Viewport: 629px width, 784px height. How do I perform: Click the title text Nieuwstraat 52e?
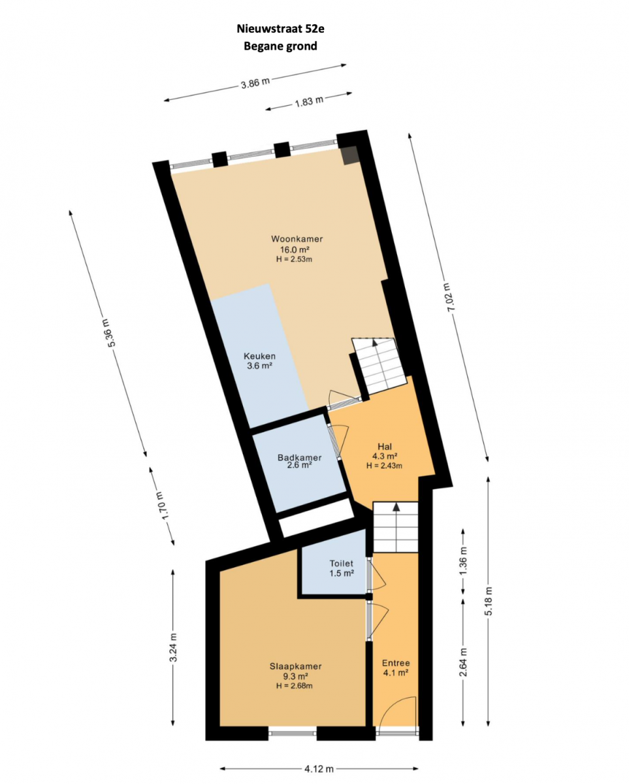click(x=280, y=28)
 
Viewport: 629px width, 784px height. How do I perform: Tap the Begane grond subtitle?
click(x=280, y=46)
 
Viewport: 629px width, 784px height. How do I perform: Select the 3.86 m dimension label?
click(x=255, y=83)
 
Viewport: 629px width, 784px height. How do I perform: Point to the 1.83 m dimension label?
click(x=309, y=101)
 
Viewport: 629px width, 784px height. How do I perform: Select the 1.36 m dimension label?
click(x=462, y=561)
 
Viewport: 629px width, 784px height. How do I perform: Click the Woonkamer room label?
click(x=297, y=239)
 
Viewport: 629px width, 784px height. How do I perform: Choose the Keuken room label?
click(x=259, y=356)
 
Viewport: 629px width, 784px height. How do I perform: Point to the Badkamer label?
click(x=299, y=457)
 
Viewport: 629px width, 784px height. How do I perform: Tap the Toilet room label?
click(x=341, y=563)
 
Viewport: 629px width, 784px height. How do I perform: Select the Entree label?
click(x=396, y=663)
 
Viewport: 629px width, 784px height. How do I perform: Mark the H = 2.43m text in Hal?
click(x=384, y=466)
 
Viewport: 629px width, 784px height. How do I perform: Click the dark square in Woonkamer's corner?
click(x=350, y=155)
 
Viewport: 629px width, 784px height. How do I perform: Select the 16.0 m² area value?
click(x=295, y=250)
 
